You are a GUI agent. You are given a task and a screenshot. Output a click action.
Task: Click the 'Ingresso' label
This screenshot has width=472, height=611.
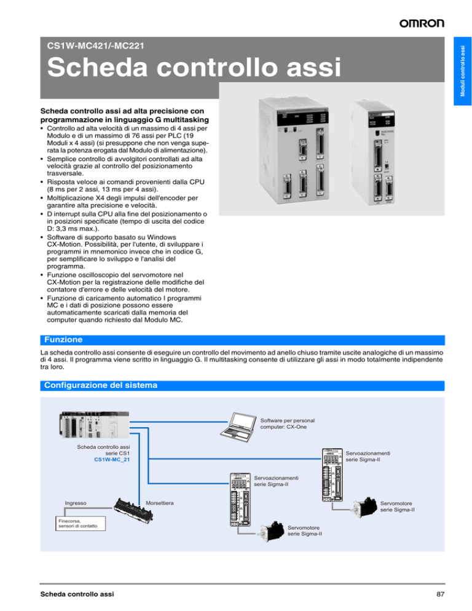click(x=76, y=503)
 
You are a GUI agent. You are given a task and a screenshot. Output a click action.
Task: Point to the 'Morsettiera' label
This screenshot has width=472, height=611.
click(x=159, y=503)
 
